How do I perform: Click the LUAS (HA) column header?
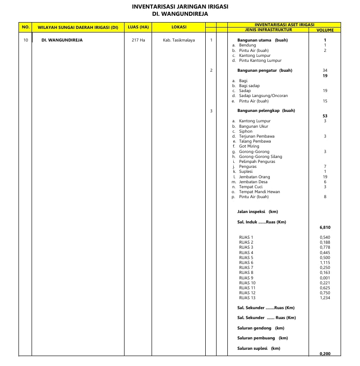[138, 27]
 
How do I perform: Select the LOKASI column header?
[179, 27]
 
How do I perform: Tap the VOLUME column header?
[325, 30]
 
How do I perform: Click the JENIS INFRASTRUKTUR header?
[268, 30]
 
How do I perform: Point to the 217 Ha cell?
[138, 40]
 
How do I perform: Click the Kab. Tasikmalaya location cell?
[179, 40]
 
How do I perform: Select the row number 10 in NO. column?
[25, 40]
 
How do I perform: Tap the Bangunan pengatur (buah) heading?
[264, 70]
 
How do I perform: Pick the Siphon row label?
[246, 131]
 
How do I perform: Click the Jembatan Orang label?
[254, 177]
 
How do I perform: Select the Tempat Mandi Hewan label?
[259, 192]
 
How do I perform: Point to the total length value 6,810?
[325, 227]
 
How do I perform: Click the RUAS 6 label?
[246, 263]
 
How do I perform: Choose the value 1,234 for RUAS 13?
[325, 298]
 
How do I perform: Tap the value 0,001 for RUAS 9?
[325, 278]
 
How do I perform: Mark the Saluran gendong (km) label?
[261, 328]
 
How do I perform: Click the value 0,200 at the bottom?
[325, 354]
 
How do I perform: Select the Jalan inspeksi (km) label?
[257, 212]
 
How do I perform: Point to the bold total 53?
[325, 116]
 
